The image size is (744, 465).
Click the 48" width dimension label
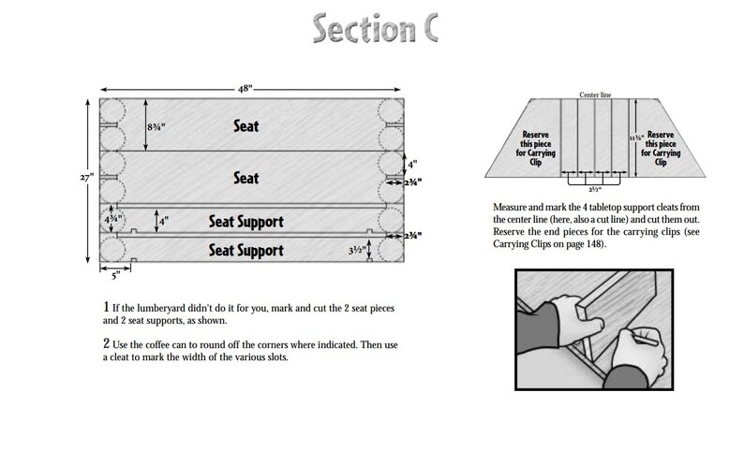point(252,87)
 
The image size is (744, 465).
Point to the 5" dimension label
point(114,275)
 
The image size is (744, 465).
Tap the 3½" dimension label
point(355,251)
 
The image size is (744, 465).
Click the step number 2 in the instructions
point(105,344)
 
